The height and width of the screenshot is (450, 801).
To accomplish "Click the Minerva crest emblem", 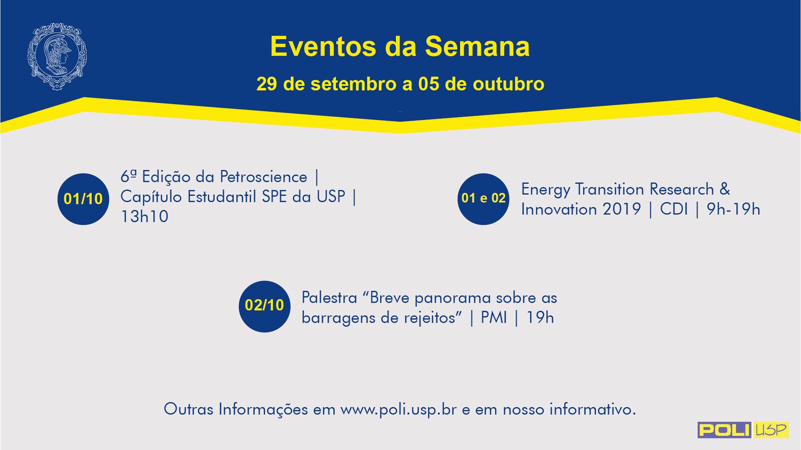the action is [57, 56].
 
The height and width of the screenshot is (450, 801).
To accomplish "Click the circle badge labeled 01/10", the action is [83, 199].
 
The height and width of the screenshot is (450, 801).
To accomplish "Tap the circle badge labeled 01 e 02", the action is [483, 198].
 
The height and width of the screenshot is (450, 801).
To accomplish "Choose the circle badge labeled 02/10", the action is [265, 306].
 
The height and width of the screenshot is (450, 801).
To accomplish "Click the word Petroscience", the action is [263, 177].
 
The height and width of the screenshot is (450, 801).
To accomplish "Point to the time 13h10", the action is [144, 217].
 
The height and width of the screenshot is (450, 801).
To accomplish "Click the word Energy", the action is [546, 190].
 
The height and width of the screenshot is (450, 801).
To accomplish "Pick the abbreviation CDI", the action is [674, 209].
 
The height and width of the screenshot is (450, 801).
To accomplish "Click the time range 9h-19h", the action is [733, 209].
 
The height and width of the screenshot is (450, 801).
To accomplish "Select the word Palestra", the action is [329, 298].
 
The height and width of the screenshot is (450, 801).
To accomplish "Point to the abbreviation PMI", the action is [494, 318].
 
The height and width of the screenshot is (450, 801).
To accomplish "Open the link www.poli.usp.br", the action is [399, 410].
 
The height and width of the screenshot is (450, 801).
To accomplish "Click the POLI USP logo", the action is [743, 430].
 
